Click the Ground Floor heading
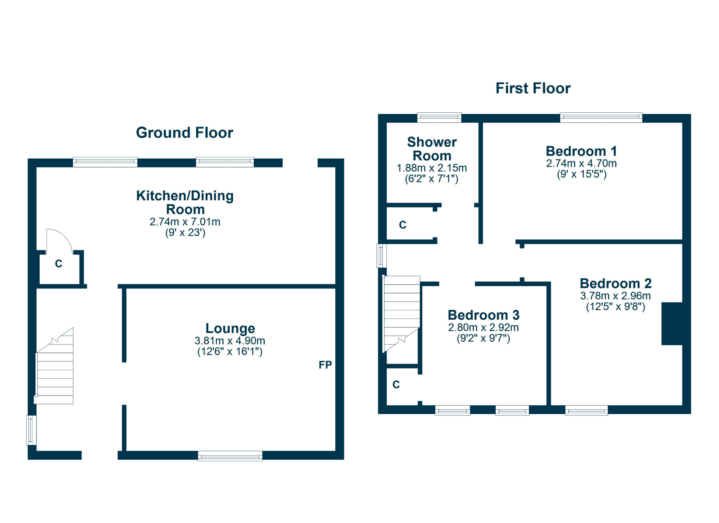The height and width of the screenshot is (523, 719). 185,133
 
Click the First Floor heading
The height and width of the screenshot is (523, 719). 533,88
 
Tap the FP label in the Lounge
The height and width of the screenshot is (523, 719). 325,365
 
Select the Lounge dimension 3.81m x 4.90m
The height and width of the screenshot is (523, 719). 230,341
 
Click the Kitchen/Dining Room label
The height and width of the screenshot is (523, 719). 185,202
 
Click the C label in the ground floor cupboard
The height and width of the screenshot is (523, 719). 59,264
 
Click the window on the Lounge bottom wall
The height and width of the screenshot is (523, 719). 230,456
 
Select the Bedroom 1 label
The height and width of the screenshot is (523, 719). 581,151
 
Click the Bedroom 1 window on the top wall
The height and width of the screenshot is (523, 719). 601,118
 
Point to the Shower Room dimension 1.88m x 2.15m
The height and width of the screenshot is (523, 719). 432,168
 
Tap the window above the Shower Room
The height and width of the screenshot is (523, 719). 439,118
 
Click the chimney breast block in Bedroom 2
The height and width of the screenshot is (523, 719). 672,324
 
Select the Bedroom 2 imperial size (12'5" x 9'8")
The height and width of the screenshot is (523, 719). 615,307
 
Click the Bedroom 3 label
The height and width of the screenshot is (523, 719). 483,315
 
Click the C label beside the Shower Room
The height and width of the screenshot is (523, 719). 403,225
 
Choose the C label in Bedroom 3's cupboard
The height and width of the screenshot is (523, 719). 396,385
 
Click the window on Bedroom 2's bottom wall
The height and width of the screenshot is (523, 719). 586,410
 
